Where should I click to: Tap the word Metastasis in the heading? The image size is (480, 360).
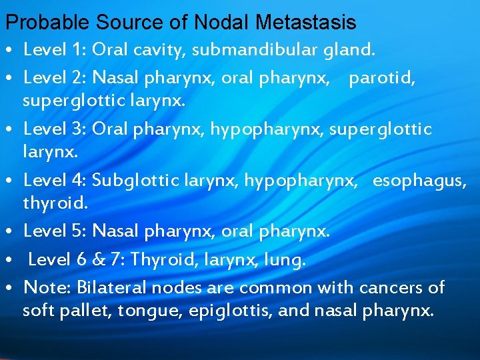310,23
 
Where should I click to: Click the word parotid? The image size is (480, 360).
382,78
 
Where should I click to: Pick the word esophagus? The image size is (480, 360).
419,179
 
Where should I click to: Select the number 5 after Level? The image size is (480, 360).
77,231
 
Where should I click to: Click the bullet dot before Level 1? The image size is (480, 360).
13,51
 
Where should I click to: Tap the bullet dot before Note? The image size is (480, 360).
13,289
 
